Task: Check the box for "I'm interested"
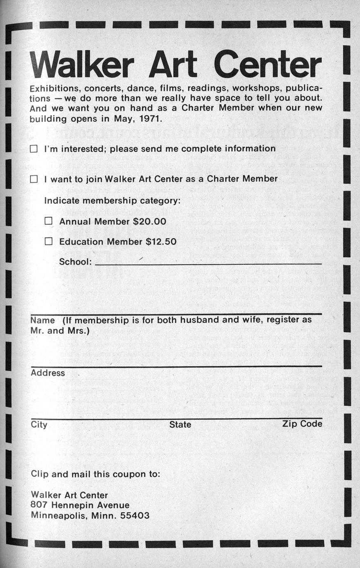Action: [x=34, y=149]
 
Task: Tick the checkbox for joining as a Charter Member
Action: [x=34, y=179]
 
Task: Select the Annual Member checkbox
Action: [x=49, y=221]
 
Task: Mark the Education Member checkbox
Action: [x=49, y=242]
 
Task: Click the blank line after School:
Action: [x=208, y=262]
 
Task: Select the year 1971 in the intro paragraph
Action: [x=150, y=119]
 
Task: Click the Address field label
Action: [x=48, y=373]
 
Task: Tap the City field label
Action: [x=39, y=425]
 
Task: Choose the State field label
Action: [x=180, y=425]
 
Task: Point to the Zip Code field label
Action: [x=302, y=424]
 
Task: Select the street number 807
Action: [x=39, y=505]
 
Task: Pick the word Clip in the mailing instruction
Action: [x=39, y=474]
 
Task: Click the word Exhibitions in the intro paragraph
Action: [x=54, y=88]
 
